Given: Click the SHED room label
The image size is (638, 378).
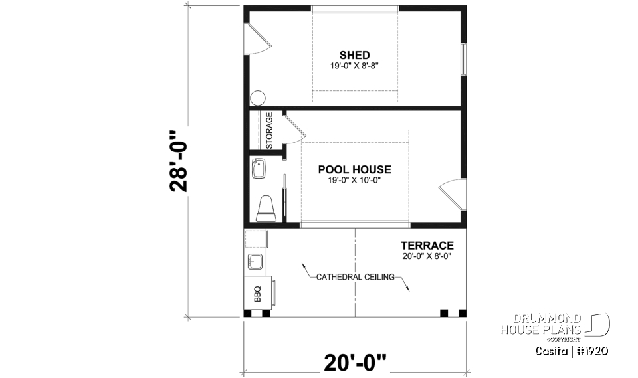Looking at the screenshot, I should tap(354, 55).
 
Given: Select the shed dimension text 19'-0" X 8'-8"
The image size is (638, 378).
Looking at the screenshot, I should tap(354, 66).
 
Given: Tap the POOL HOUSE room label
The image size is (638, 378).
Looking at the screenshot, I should tap(354, 169).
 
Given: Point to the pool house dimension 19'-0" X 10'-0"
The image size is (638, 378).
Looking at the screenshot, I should tap(354, 180).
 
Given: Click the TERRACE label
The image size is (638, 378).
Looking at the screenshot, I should tap(427, 245).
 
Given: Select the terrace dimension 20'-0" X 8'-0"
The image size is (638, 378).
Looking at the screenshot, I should tap(427, 256).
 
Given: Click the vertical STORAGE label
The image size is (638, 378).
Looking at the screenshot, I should tap(269, 131).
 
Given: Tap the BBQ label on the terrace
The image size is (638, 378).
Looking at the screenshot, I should tap(257, 292).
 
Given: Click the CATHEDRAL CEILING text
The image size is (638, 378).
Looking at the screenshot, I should tap(356, 277).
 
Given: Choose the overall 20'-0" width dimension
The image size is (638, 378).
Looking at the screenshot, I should tap(356, 363).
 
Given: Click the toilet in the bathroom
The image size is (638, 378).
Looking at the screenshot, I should tap(266, 207).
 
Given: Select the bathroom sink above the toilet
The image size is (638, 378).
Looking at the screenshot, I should tap(259, 169).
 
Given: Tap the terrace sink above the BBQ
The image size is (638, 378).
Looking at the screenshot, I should tap(255, 260).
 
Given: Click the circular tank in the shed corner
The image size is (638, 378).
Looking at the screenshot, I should tap(258, 98).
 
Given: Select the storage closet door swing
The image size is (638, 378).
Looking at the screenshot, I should tap(292, 128).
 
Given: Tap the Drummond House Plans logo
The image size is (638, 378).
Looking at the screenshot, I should tap(555, 326).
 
